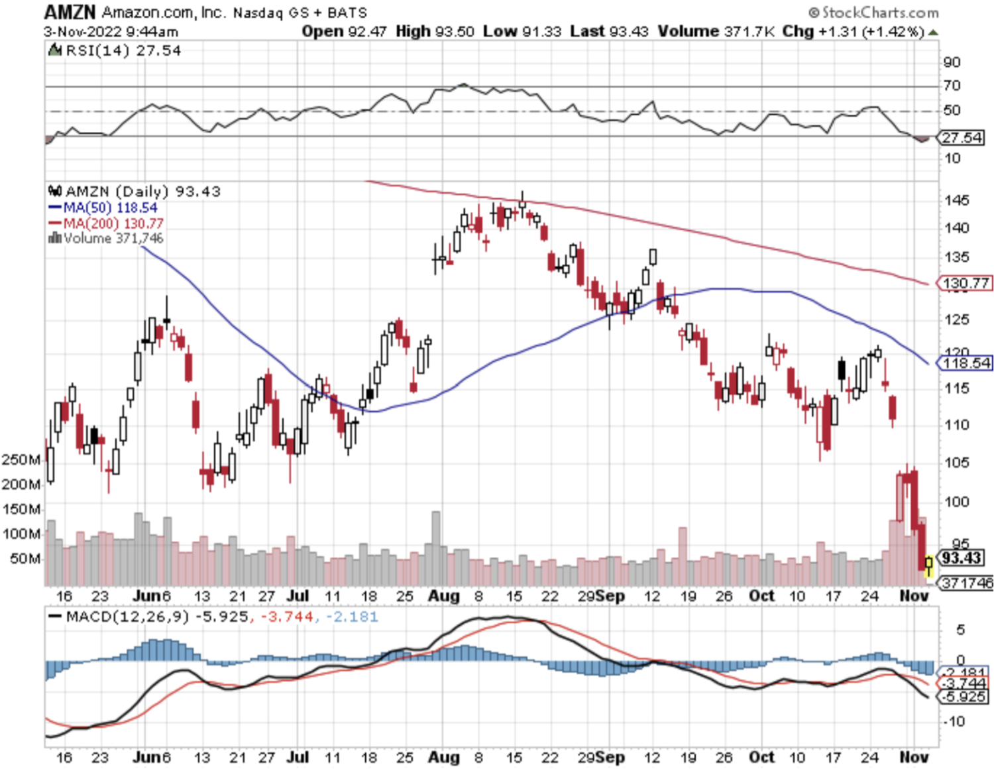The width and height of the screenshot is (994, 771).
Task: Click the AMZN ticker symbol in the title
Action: pyautogui.click(x=70, y=12)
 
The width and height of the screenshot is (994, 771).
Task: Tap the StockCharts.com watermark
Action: pyautogui.click(x=874, y=13)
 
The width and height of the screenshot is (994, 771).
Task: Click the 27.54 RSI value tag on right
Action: pyautogui.click(x=962, y=137)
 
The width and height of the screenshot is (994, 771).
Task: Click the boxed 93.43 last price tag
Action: pyautogui.click(x=962, y=558)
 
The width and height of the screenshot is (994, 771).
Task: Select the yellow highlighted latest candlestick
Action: pyautogui.click(x=929, y=564)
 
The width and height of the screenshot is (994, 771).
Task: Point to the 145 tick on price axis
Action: pyautogui.click(x=956, y=200)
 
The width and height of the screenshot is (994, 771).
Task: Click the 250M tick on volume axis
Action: pyautogui.click(x=21, y=459)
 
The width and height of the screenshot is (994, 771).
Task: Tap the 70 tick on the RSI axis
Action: pyautogui.click(x=952, y=86)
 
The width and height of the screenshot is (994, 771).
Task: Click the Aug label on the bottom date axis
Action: pyautogui.click(x=443, y=756)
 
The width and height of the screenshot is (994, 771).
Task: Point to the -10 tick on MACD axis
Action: pyautogui.click(x=954, y=721)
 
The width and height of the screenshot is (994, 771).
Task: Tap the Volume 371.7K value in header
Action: pyautogui.click(x=716, y=31)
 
